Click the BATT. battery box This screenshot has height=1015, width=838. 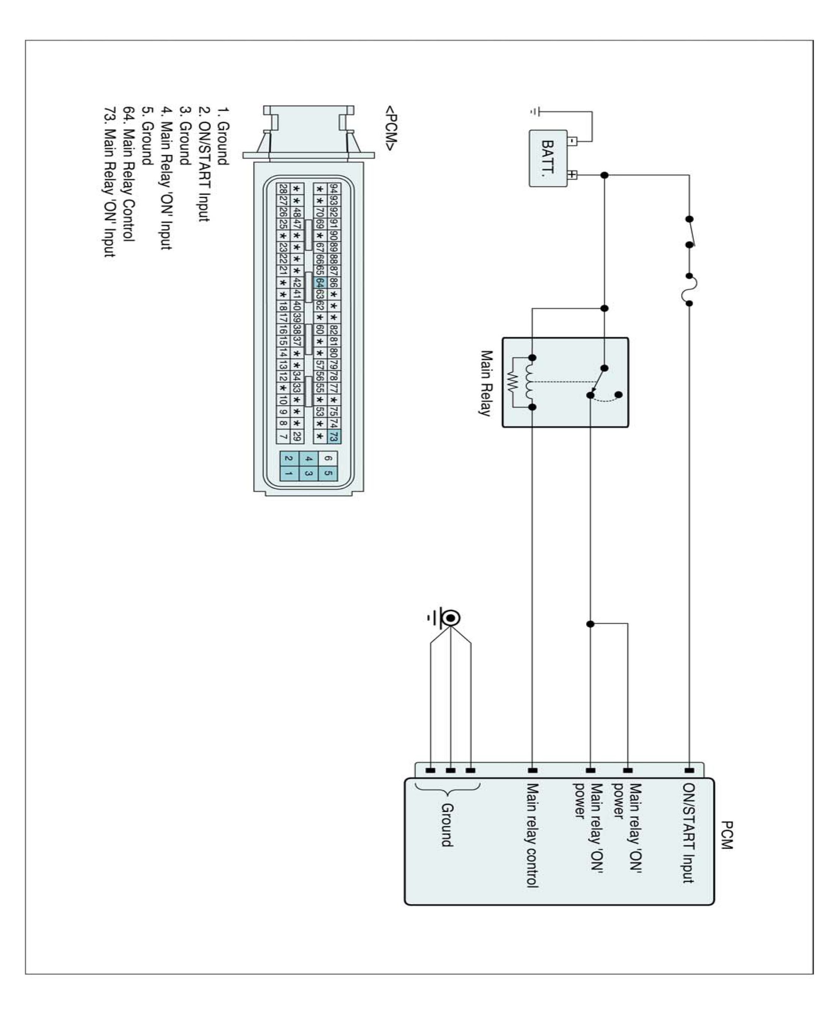548,158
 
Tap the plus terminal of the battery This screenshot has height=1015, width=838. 572,174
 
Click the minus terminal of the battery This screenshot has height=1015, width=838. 572,141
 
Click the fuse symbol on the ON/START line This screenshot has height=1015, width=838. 689,290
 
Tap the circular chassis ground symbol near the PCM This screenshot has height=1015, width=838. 450,618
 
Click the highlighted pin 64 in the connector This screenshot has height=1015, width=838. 319,282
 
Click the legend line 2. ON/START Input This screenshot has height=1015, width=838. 204,164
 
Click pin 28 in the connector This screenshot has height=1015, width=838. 283,189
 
